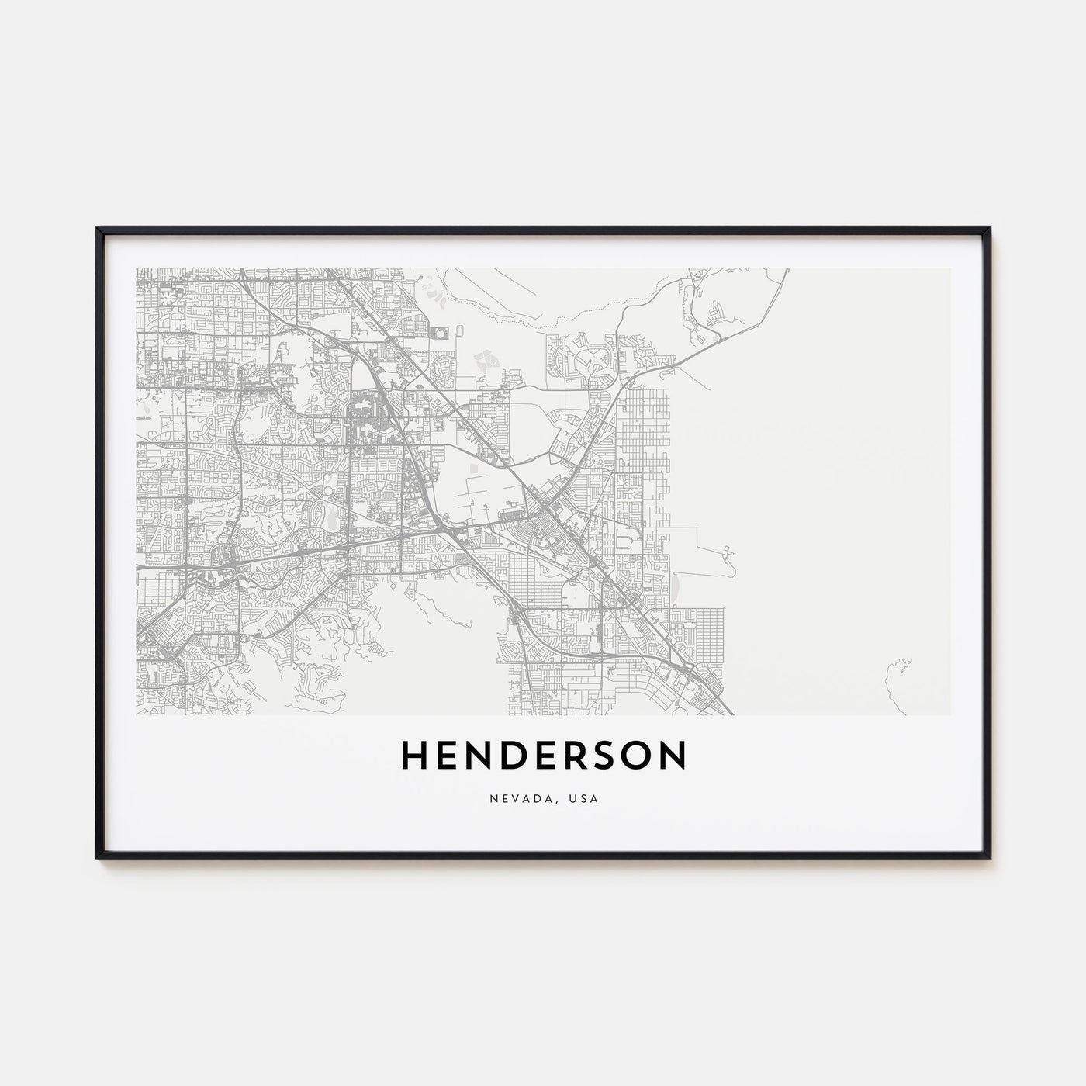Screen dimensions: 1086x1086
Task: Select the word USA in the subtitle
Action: [586, 798]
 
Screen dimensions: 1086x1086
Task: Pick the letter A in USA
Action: [595, 798]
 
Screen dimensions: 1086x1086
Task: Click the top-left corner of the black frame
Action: [97, 228]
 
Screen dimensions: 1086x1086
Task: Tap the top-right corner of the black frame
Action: [990, 228]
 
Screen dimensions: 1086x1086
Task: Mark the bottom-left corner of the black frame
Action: [97, 857]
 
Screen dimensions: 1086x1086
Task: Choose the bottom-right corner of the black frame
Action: [990, 857]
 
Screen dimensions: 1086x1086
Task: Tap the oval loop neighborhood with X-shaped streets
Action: [591, 361]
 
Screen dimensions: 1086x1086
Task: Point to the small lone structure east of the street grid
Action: [728, 553]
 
